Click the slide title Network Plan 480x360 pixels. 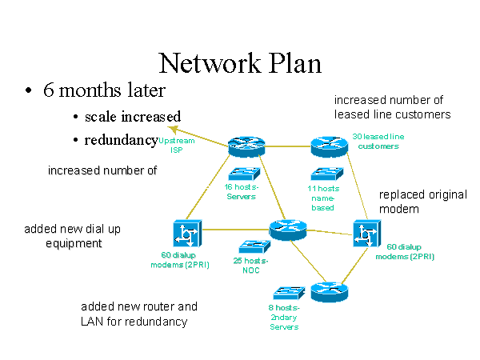pos(240,63)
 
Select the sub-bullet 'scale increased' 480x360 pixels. pos(133,117)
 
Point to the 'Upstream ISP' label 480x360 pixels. pos(176,144)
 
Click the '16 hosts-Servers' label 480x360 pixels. pos(240,192)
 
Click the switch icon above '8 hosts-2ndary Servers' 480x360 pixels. pos(285,292)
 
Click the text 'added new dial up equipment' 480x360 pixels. pos(72,236)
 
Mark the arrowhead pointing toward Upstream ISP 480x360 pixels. pos(171,128)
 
